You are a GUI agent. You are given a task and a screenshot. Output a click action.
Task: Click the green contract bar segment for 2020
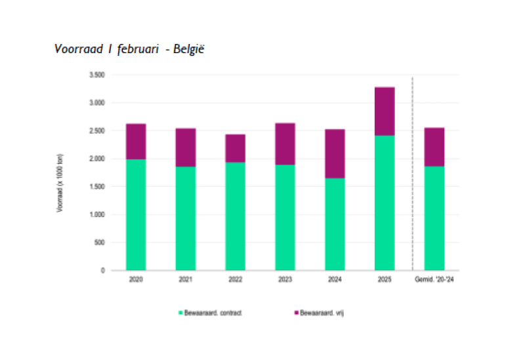[136, 214]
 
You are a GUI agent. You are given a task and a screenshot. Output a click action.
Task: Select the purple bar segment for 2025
[385, 111]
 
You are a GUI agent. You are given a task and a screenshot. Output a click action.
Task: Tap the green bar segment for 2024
[335, 224]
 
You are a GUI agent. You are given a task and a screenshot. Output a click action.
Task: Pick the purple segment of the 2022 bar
[235, 148]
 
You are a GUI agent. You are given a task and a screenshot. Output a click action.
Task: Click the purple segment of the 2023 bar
[285, 144]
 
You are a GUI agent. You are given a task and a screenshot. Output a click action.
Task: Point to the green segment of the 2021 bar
[186, 218]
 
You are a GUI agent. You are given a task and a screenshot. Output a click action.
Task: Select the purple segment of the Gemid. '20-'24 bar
[434, 147]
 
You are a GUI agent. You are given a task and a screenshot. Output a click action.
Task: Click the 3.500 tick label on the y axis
[96, 75]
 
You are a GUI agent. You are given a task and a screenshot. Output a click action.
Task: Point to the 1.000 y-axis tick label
[96, 214]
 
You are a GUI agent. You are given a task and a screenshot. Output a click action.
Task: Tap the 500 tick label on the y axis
[98, 243]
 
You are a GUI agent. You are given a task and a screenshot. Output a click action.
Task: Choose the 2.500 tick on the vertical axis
[96, 131]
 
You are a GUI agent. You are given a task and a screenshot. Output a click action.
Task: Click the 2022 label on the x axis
[235, 280]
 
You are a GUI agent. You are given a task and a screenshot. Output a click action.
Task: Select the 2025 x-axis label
[385, 280]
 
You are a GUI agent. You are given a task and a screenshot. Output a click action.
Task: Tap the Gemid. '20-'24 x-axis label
[434, 280]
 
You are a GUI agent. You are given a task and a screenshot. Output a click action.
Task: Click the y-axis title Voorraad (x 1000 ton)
[61, 183]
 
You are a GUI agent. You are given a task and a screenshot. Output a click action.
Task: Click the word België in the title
[189, 50]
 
